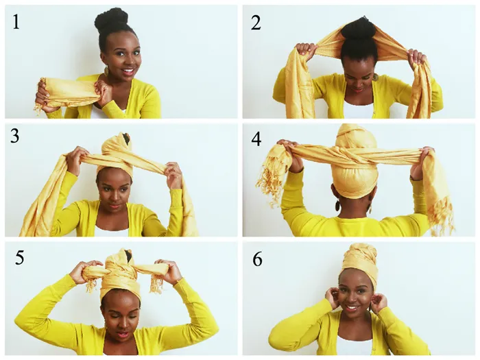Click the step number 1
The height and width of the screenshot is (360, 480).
(x=16, y=22)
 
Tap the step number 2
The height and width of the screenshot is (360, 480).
(x=256, y=23)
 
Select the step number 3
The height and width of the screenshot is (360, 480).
(x=14, y=136)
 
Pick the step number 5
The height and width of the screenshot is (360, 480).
(x=19, y=257)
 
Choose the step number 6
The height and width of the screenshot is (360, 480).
(x=257, y=259)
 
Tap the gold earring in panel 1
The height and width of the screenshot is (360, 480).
(x=106, y=71)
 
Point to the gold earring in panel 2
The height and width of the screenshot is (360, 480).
(x=375, y=77)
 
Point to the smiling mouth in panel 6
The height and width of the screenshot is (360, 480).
(x=352, y=307)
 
